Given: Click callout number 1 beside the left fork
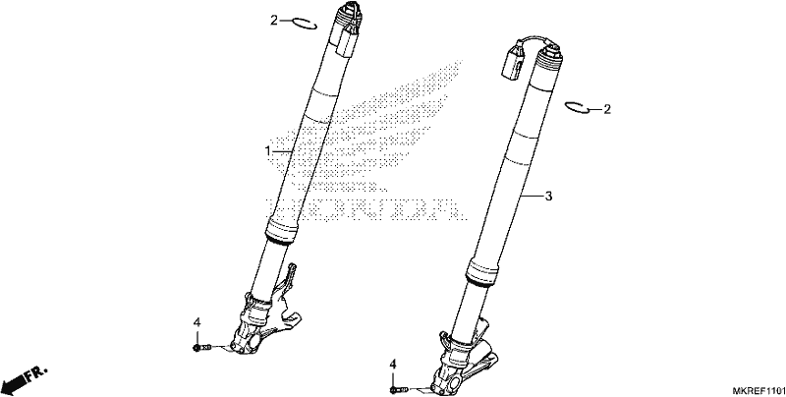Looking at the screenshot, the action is [267, 151].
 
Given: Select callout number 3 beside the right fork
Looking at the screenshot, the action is [548, 197].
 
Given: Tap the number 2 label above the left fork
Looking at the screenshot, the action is [274, 21].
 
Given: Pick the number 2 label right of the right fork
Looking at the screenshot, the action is [607, 109].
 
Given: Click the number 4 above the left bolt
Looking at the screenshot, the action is [197, 322].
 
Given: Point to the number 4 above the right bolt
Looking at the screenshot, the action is [393, 365].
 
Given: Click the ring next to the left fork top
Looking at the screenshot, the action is [305, 24].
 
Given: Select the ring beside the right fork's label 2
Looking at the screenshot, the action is [577, 107].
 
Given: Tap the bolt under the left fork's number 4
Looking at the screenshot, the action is [202, 347].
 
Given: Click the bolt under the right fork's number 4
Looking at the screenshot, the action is [399, 389].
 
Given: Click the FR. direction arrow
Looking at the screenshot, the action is [24, 380].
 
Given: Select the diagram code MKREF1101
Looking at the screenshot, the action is [758, 390].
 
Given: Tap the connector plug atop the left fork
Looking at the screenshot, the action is [347, 42].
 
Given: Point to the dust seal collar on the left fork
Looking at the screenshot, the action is [281, 230].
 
